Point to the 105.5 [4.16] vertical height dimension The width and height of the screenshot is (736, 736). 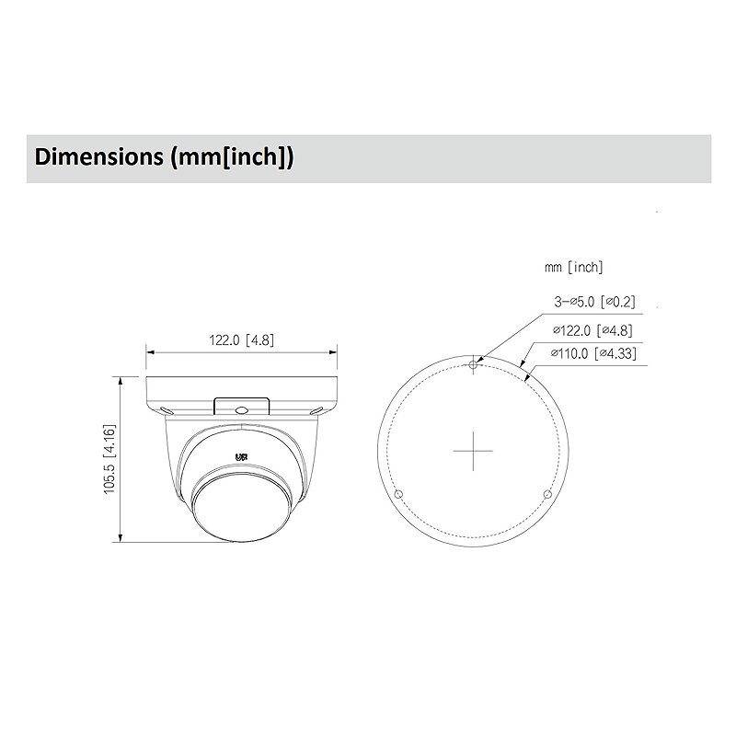tap(109, 459)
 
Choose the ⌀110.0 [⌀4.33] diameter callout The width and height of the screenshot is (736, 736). tap(593, 353)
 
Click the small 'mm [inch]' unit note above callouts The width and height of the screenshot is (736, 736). tap(573, 267)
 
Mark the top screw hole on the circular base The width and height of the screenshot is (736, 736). tap(473, 366)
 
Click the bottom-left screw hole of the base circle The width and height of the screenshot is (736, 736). tap(398, 496)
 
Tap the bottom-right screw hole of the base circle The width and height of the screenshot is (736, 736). tap(548, 496)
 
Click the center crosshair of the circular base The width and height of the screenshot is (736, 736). tap(473, 452)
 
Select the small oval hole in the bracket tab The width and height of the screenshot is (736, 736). tap(242, 411)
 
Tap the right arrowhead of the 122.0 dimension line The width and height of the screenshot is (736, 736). tap(333, 351)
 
